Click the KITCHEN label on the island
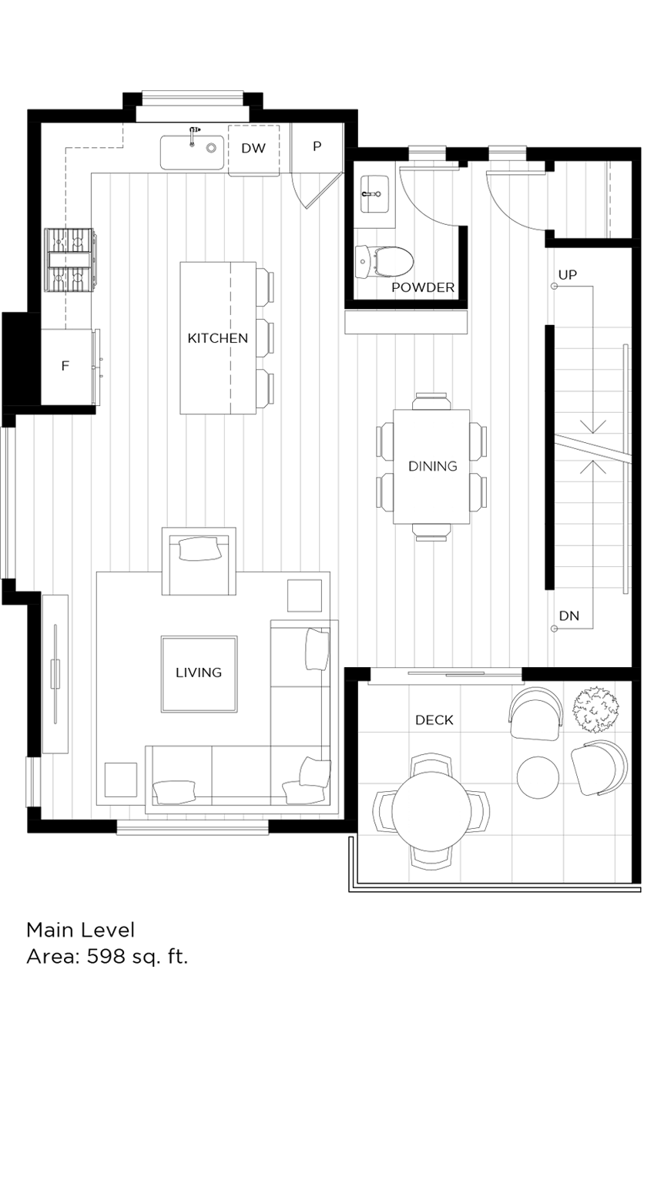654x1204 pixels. tap(218, 338)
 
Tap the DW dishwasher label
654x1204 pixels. tap(253, 149)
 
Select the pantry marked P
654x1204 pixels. tap(317, 146)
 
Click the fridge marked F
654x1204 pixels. tap(65, 366)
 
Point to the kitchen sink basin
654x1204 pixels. tap(192, 153)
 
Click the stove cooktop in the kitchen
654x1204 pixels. tap(71, 260)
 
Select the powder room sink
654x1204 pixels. tap(375, 192)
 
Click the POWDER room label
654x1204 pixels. tap(423, 288)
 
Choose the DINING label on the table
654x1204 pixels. tap(432, 466)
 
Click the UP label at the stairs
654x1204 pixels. tap(568, 275)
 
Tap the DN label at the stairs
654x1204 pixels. tap(569, 615)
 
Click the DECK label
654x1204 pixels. tap(434, 720)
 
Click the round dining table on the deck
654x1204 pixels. tap(431, 811)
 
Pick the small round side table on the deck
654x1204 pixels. tap(538, 777)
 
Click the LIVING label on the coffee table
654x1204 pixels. tap(199, 672)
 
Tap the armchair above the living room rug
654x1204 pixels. tap(199, 561)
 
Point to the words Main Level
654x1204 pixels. tap(81, 930)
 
